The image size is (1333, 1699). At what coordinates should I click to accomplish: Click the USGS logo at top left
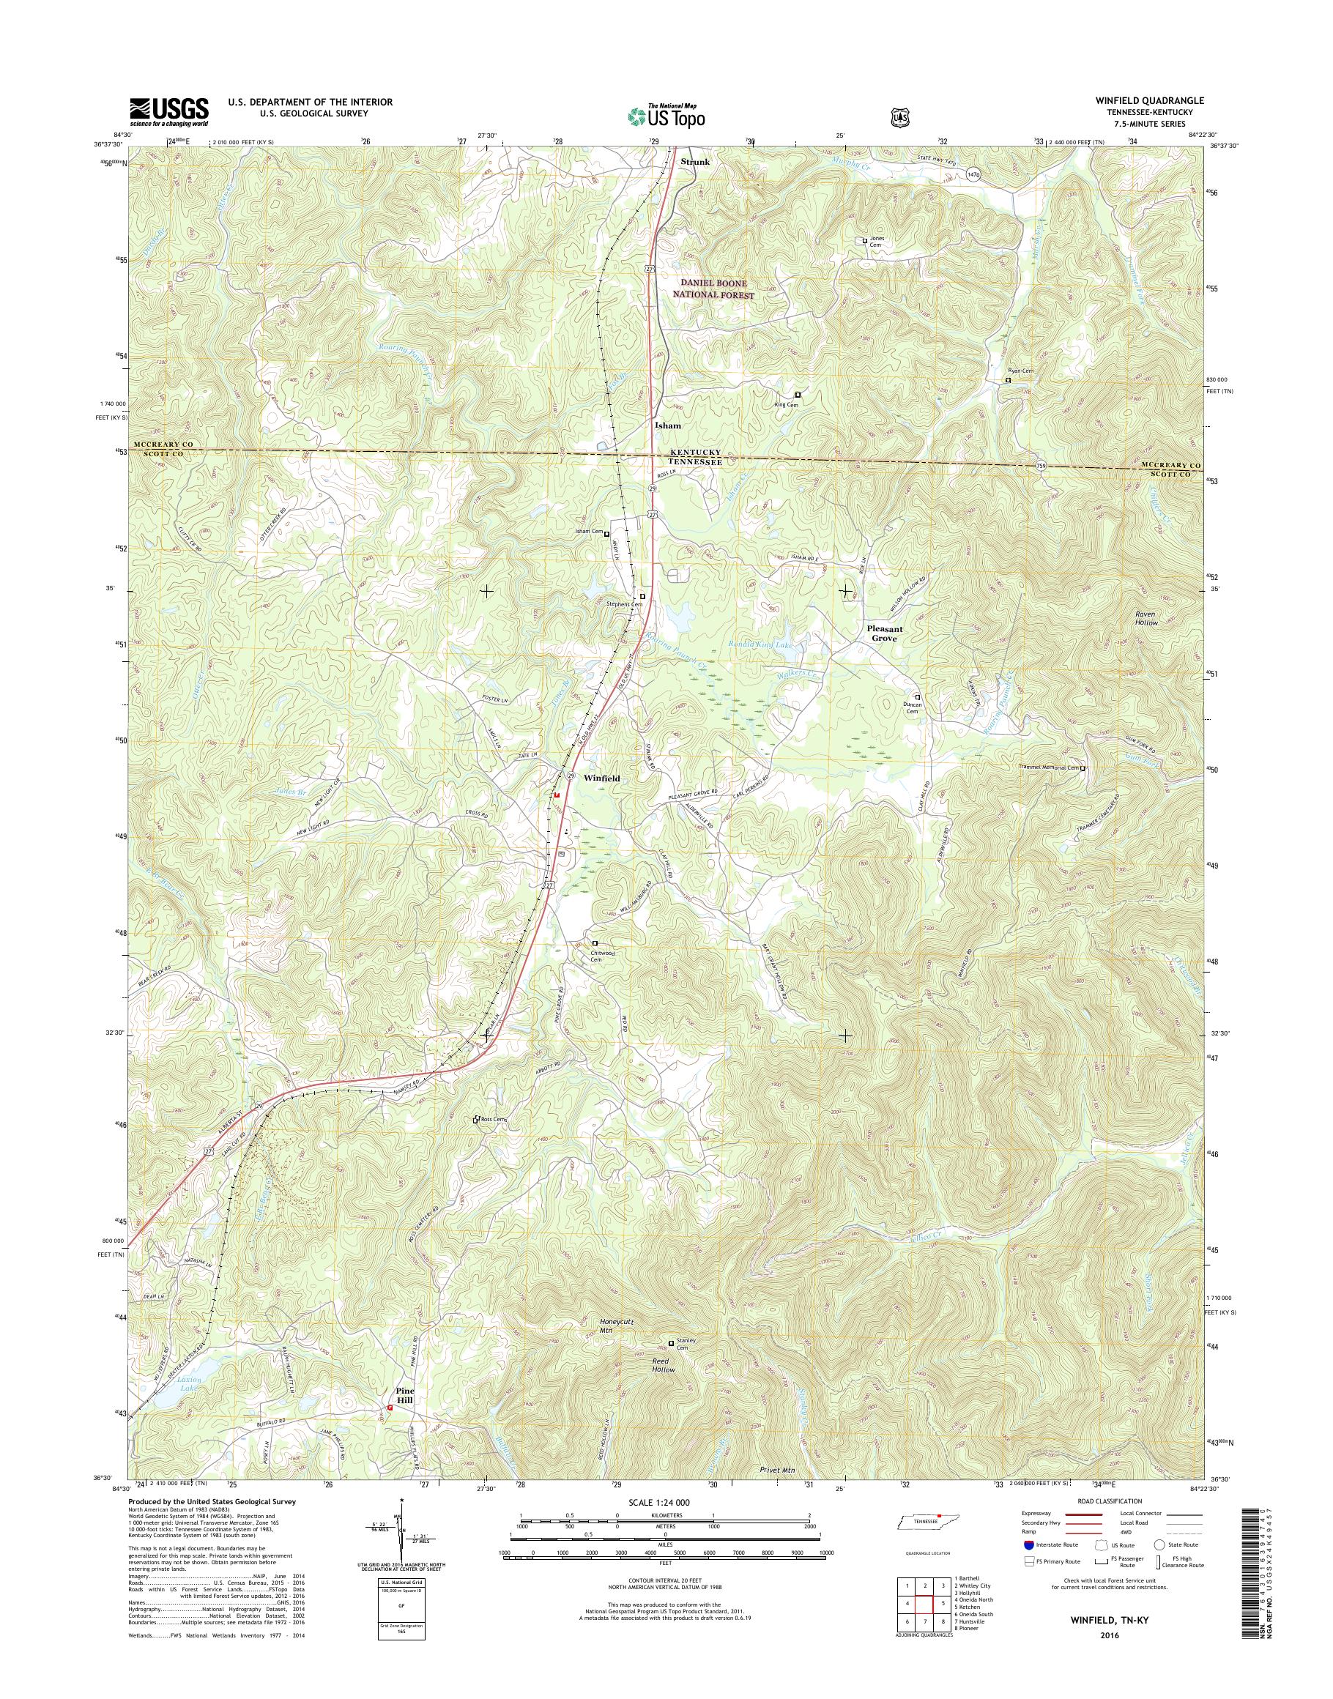[169, 111]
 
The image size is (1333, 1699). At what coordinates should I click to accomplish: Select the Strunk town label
[694, 162]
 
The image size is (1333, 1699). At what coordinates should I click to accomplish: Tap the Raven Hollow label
[1146, 619]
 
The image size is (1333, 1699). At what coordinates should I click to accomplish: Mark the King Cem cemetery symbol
[798, 395]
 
